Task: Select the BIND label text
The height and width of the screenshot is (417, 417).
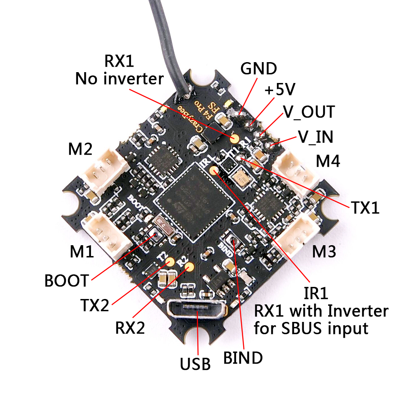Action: click(243, 357)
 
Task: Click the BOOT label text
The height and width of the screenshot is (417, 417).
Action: click(67, 280)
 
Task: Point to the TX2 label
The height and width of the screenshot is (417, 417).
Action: click(95, 306)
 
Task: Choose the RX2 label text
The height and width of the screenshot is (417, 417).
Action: click(130, 328)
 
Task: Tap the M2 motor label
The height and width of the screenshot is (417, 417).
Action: click(80, 149)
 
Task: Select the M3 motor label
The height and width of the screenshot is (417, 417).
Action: click(324, 251)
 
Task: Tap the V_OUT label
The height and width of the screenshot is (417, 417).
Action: click(309, 112)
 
